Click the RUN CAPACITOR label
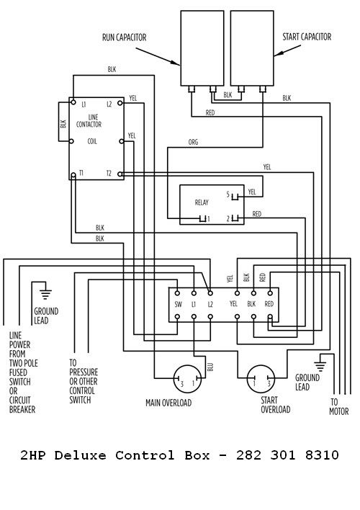pyautogui.click(x=125, y=37)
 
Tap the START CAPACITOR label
pyautogui.click(x=307, y=37)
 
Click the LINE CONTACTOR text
pyautogui.click(x=89, y=120)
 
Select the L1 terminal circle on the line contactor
pyautogui.click(x=73, y=102)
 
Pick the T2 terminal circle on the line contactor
pyautogui.click(x=120, y=174)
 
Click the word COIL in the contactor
pyautogui.click(x=92, y=141)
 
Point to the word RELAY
pyautogui.click(x=202, y=202)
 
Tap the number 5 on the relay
pyautogui.click(x=228, y=194)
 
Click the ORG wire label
pyautogui.click(x=193, y=142)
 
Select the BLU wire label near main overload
pyautogui.click(x=210, y=367)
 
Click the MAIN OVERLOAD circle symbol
pyautogui.click(x=187, y=378)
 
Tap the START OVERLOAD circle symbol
pyautogui.click(x=261, y=378)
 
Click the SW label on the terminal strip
pyautogui.click(x=179, y=305)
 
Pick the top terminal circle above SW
pyautogui.click(x=178, y=293)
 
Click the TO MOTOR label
pyautogui.click(x=338, y=406)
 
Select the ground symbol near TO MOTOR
pyautogui.click(x=320, y=366)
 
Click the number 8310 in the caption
pyautogui.click(x=322, y=455)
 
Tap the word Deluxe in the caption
pyautogui.click(x=81, y=455)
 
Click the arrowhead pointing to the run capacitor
pyautogui.click(x=176, y=63)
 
